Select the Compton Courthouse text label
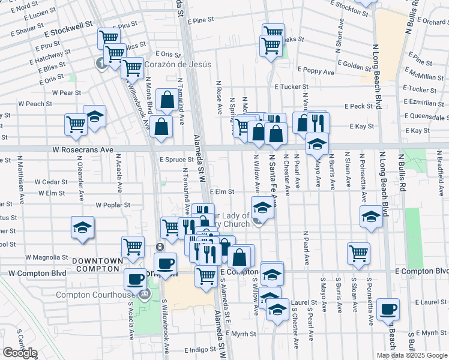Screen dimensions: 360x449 click(95, 295)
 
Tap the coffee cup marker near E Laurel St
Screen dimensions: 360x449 click(388, 308)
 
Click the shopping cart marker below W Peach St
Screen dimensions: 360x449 click(76, 124)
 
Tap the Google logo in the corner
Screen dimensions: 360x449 click(20, 353)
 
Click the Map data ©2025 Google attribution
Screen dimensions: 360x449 click(412, 355)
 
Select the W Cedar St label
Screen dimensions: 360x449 click(51, 181)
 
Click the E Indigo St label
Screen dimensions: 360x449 click(200, 349)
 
